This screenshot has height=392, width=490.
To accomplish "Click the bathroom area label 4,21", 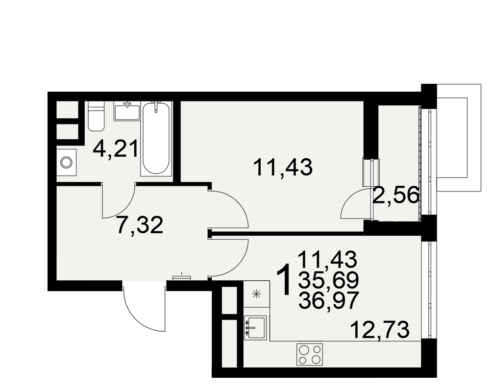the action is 115,149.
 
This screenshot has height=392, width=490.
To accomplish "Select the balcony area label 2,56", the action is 396,195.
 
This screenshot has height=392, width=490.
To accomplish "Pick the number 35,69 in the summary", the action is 328,280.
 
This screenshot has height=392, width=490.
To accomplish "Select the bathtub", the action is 156,138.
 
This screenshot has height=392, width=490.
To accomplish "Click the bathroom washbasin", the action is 127,111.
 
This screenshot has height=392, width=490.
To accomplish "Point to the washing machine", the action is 67,162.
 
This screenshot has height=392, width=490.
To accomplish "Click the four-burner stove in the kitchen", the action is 309,354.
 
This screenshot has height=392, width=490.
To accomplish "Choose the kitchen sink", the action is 255,327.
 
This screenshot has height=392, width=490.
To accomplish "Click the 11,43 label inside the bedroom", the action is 283,167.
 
